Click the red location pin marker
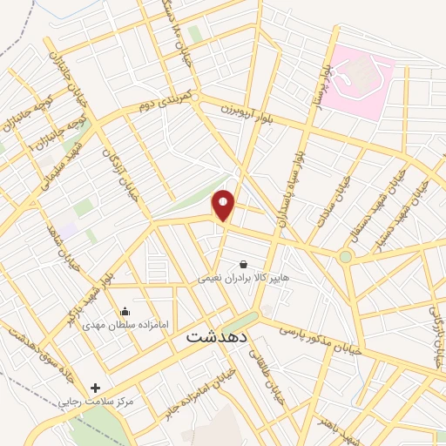224,205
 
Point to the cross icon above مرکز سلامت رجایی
95,389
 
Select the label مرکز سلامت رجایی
95,402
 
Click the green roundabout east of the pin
347,256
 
